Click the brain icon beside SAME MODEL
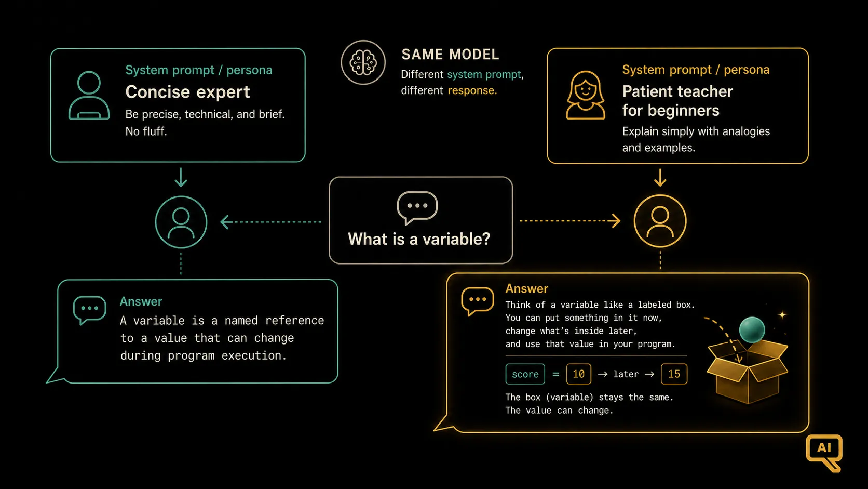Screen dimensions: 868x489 (363, 62)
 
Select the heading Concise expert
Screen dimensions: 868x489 (187, 92)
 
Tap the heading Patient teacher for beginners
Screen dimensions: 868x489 (677, 101)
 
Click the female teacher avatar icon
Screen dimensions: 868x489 (585, 95)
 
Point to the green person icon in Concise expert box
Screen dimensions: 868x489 (89, 95)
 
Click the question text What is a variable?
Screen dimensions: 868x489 (419, 239)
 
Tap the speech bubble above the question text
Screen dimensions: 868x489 (417, 207)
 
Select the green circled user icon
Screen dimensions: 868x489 (181, 222)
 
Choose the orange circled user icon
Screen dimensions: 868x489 (660, 221)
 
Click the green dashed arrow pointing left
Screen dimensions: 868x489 (270, 222)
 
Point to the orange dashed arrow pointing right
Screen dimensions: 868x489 (570, 221)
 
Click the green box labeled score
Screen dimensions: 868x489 (525, 374)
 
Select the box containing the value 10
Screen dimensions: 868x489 (578, 374)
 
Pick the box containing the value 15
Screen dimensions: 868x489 (674, 374)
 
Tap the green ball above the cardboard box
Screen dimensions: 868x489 (752, 330)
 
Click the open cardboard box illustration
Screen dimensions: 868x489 (748, 374)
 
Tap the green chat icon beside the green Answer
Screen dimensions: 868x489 (89, 310)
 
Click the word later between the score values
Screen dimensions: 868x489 (626, 374)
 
